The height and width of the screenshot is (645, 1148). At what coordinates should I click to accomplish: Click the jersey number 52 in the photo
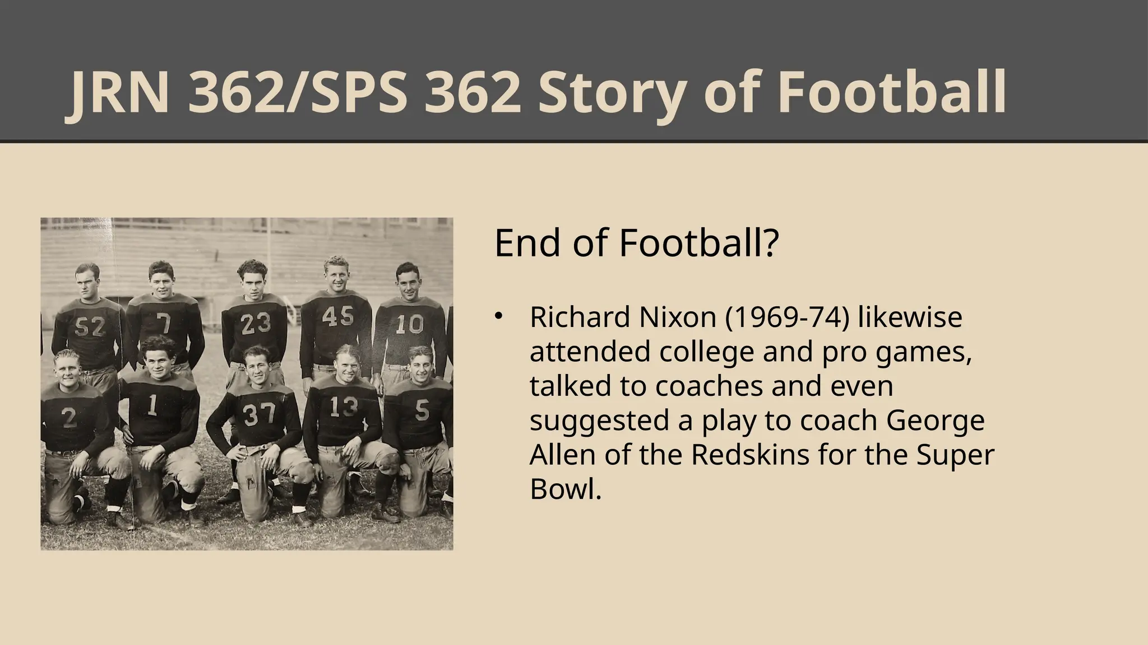[x=90, y=326]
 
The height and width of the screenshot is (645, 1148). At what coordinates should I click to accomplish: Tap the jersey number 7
[x=163, y=324]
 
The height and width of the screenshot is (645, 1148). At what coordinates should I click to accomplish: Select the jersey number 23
[x=256, y=324]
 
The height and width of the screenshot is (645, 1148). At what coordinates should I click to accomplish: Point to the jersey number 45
[x=338, y=317]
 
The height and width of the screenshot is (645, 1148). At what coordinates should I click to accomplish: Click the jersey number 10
[x=409, y=325]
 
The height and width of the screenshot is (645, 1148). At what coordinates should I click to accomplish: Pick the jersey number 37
[x=260, y=414]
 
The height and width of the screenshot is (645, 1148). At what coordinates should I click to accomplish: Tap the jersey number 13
[x=343, y=407]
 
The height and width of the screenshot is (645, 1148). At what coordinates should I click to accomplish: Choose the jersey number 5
[x=422, y=412]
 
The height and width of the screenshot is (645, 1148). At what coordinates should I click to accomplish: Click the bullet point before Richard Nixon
[x=497, y=317]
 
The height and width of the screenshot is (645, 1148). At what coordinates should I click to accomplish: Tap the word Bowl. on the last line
[x=565, y=489]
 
